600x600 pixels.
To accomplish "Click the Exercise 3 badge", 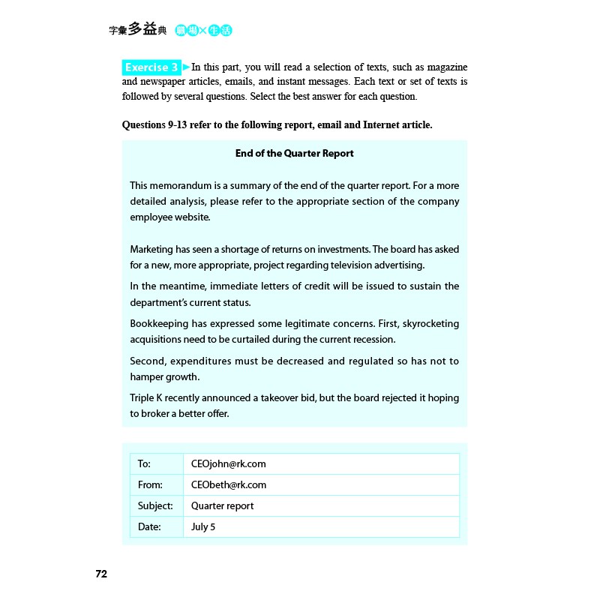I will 151,67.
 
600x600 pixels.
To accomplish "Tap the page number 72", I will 101,574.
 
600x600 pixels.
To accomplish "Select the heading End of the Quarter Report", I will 294,153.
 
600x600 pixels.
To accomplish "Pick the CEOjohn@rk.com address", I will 229,463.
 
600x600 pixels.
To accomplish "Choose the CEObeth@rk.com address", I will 229,484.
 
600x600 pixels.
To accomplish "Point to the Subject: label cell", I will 155,505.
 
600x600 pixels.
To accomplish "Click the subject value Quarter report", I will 222,505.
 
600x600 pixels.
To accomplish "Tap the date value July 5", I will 203,526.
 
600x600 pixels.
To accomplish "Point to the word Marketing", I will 152,249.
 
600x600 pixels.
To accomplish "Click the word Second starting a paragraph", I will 147,361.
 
